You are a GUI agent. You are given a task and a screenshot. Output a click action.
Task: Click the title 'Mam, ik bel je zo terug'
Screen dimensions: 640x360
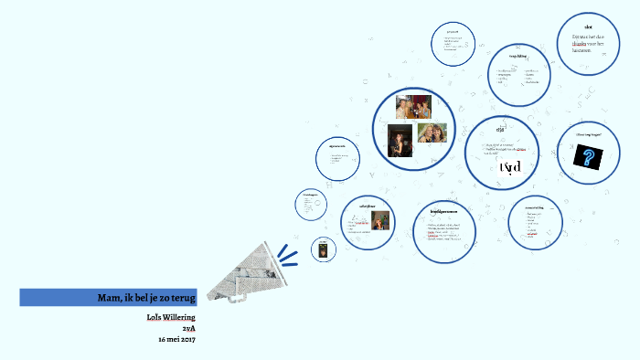click(x=145, y=298)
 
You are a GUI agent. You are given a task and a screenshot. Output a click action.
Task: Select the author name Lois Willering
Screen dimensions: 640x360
click(x=171, y=317)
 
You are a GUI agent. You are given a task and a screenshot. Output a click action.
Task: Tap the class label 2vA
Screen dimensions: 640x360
click(x=189, y=328)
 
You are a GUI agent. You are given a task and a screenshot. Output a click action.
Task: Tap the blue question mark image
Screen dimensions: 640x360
click(x=586, y=157)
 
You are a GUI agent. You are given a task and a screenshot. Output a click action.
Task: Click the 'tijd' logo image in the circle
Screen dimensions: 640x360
click(x=510, y=166)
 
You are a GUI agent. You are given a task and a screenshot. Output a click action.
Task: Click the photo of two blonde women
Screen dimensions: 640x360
click(x=432, y=133)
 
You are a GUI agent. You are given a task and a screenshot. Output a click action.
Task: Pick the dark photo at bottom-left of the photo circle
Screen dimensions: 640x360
click(x=400, y=141)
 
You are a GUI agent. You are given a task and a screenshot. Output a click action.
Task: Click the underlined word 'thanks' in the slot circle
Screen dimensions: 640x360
click(x=579, y=43)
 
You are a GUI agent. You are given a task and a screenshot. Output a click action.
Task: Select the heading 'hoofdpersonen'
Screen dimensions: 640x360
click(x=445, y=211)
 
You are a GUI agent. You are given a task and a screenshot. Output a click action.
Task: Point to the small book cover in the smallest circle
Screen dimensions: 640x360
click(x=324, y=249)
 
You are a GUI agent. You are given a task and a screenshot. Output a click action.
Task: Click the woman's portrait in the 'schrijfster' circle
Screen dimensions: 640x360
click(x=380, y=220)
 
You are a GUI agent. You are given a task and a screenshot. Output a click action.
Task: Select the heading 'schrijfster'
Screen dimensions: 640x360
click(x=368, y=206)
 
